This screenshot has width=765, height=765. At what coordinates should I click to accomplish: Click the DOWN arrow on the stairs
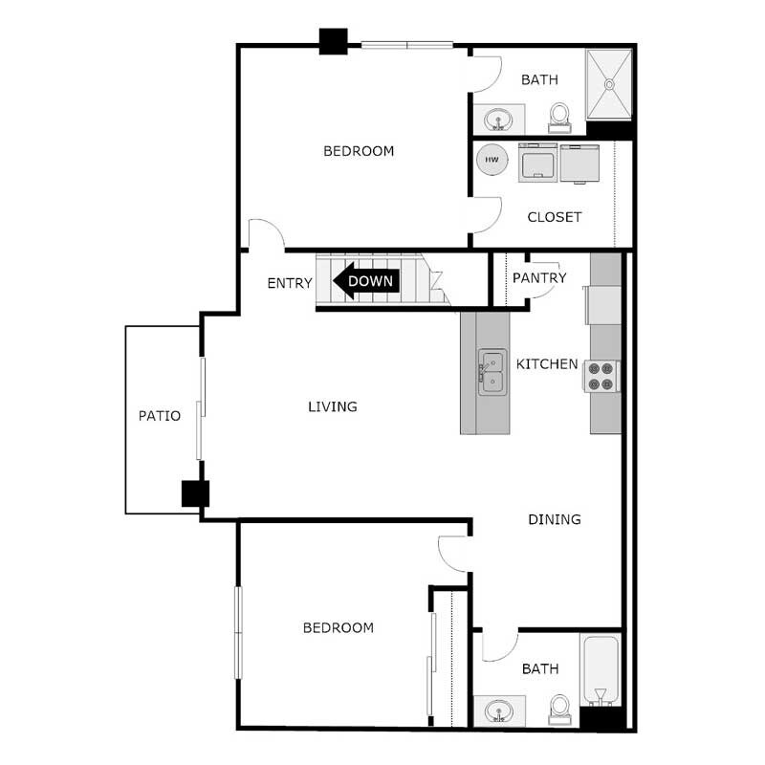[x=365, y=282]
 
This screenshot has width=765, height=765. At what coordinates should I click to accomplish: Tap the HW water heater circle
[x=492, y=160]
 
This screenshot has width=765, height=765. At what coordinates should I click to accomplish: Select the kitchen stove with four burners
[x=602, y=376]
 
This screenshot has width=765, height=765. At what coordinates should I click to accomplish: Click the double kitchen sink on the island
[x=492, y=371]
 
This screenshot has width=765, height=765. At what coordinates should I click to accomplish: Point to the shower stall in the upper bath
[x=609, y=83]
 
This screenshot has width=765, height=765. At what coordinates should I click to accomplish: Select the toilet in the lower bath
[x=560, y=708]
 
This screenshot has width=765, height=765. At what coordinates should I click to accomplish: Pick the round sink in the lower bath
[x=497, y=711]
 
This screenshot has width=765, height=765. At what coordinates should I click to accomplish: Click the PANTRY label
[x=539, y=278]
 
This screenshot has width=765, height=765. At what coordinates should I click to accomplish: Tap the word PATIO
[x=160, y=416]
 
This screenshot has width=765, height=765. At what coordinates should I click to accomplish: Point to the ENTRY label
[x=290, y=283]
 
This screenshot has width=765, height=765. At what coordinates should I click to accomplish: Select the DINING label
[x=555, y=519]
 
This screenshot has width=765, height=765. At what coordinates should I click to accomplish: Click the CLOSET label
[x=555, y=217]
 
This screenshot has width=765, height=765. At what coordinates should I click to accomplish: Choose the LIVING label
[x=332, y=406]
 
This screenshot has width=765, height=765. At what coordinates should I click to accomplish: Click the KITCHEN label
[x=547, y=364]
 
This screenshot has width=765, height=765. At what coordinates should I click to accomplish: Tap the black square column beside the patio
[x=195, y=493]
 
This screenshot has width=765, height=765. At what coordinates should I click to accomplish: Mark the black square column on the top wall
[x=333, y=41]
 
